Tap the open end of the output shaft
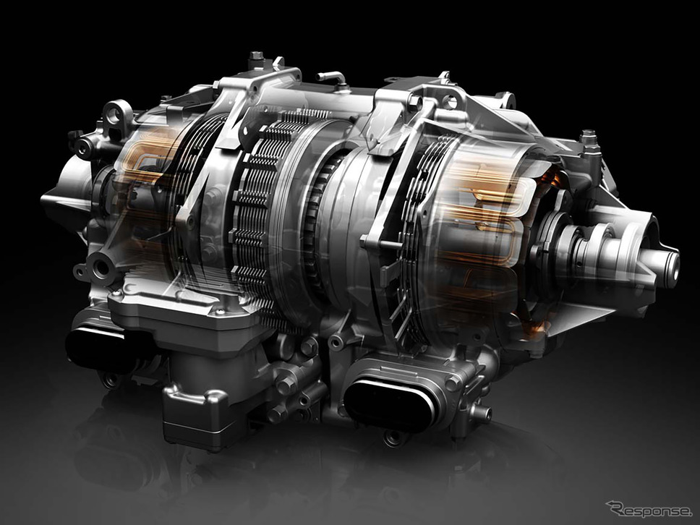click(x=672, y=263)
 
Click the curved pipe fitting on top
click(x=332, y=79)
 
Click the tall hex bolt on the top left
click(x=256, y=60)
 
